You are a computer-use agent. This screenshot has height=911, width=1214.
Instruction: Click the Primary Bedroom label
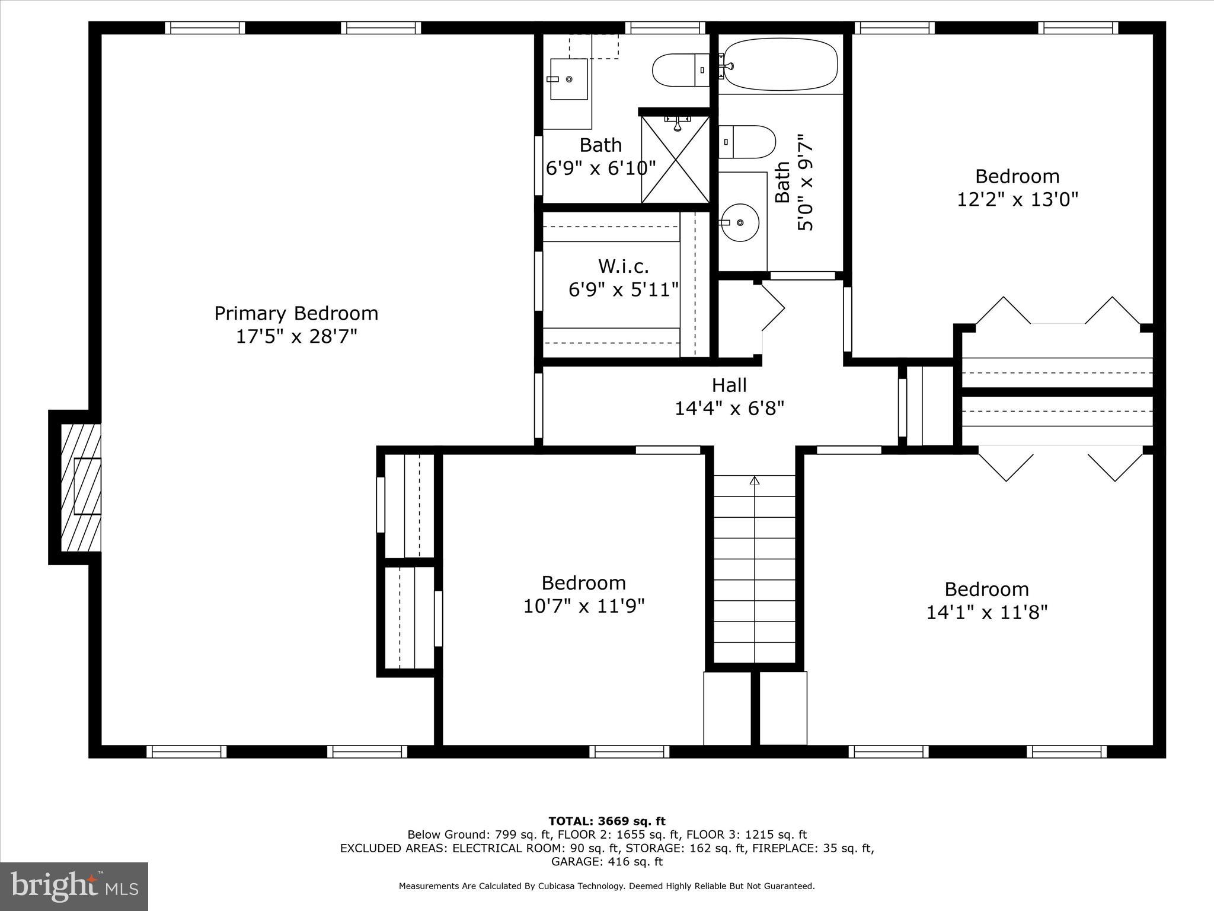(x=296, y=313)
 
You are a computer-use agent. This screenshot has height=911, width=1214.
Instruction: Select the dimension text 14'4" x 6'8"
(x=729, y=408)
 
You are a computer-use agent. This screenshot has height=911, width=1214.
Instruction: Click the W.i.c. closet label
(x=623, y=265)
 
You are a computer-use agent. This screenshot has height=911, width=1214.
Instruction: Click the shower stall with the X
(x=675, y=160)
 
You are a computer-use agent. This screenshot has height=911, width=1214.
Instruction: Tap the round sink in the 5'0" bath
(x=740, y=222)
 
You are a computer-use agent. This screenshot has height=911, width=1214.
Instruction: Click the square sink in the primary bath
(x=568, y=79)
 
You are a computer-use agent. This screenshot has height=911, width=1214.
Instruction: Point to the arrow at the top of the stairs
(x=754, y=481)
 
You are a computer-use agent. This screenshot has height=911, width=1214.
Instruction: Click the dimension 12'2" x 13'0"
(x=1017, y=199)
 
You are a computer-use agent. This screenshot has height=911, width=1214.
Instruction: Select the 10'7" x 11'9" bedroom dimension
(x=583, y=606)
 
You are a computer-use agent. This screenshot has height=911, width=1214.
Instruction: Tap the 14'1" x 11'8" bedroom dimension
(x=987, y=612)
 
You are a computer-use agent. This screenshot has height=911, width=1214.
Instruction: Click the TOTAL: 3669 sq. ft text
(x=606, y=821)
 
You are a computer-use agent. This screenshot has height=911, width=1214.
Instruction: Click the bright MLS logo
(x=74, y=886)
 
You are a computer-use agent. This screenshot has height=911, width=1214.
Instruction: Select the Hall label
(x=729, y=385)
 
